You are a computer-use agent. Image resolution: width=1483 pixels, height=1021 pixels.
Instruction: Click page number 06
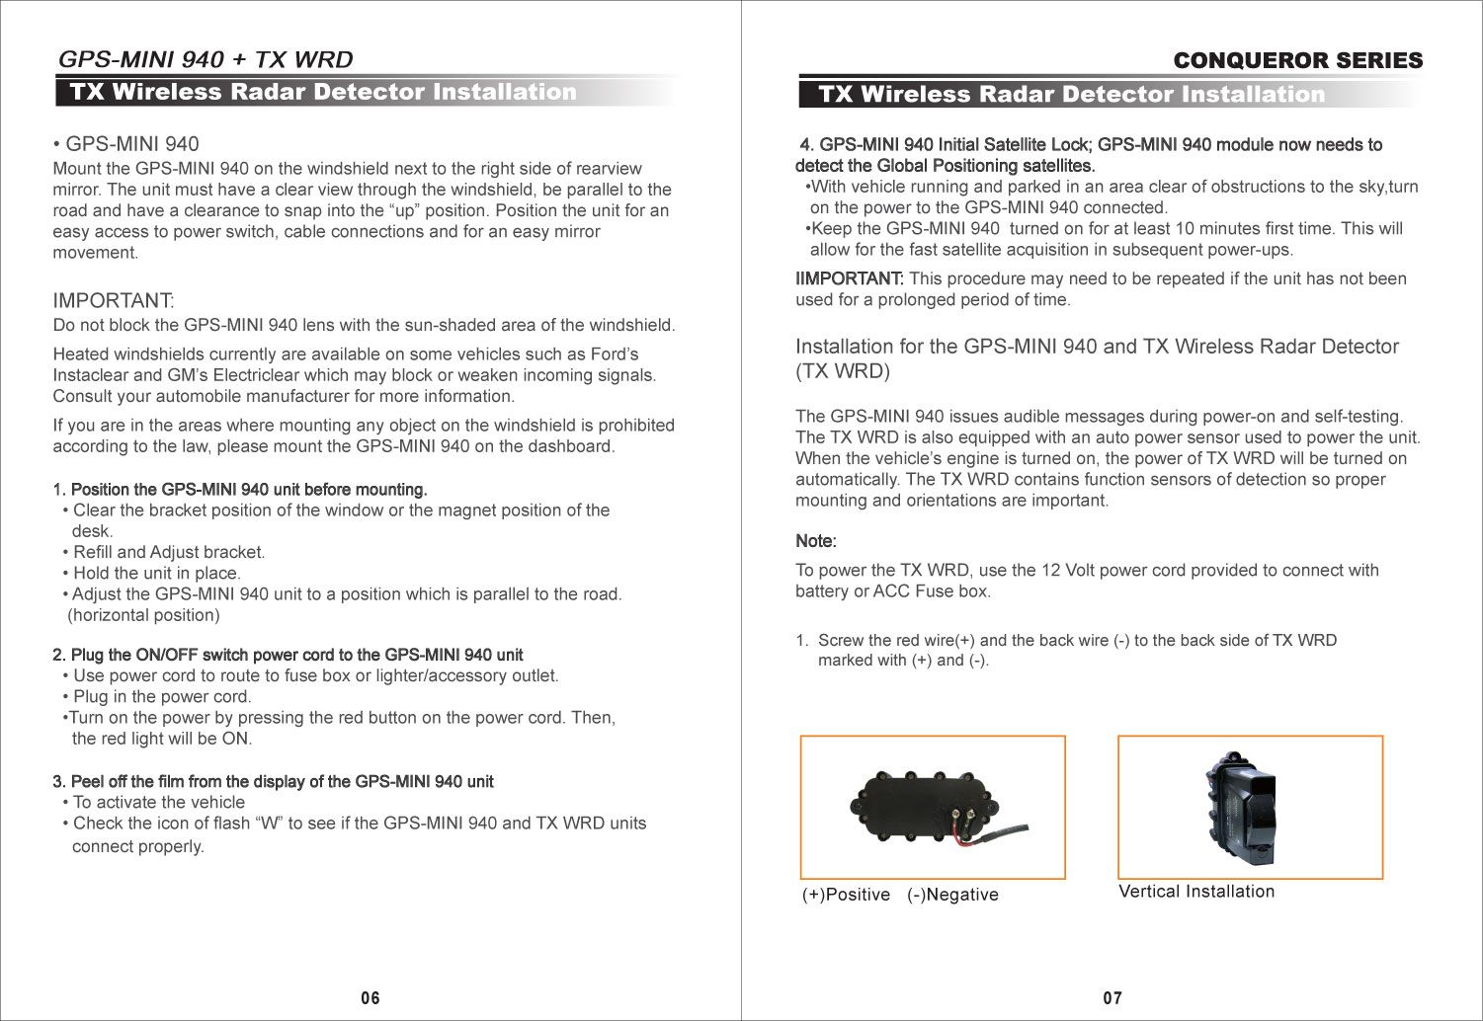click(370, 998)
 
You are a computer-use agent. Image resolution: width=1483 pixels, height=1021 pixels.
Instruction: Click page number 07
click(1112, 998)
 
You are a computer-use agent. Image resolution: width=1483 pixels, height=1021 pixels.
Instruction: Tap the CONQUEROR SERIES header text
click(1297, 61)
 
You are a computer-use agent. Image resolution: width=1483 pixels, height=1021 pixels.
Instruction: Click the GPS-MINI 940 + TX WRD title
click(206, 59)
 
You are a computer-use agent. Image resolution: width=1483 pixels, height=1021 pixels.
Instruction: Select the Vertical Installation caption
click(1195, 892)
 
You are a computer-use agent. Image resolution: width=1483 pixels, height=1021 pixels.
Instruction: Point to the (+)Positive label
click(846, 895)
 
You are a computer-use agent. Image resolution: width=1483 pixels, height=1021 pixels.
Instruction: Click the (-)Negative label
click(952, 895)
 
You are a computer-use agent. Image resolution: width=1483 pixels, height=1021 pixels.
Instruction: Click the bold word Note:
click(816, 542)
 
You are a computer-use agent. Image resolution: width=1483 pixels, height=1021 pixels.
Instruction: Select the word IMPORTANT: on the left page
click(113, 300)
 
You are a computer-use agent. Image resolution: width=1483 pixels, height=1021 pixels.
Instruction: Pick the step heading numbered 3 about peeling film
click(273, 782)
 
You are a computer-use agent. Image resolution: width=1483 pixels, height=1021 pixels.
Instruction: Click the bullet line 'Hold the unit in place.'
click(156, 574)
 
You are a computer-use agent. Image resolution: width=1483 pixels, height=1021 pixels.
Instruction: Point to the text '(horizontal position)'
click(143, 616)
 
